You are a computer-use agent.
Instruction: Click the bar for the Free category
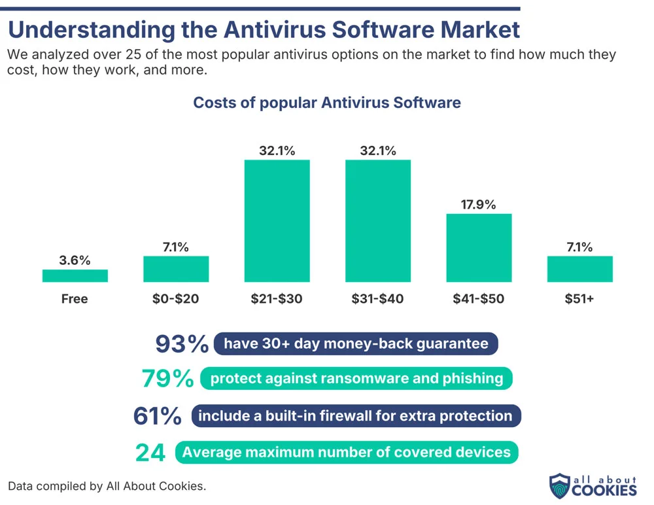click(x=75, y=276)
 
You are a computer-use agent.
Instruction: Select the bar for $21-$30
click(x=277, y=221)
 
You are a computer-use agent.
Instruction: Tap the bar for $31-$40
click(x=378, y=221)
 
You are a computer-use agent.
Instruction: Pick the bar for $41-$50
click(x=479, y=248)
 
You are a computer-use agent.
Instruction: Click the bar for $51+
click(x=580, y=269)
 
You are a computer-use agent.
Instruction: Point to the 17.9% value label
click(x=479, y=204)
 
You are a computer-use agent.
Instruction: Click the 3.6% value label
click(x=75, y=260)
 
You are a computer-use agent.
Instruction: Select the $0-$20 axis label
click(x=176, y=300)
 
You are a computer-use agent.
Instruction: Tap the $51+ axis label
click(x=580, y=300)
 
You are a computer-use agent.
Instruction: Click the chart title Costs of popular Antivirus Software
click(x=327, y=103)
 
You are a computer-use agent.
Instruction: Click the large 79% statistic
click(x=168, y=378)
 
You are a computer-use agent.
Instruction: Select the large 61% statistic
click(x=157, y=416)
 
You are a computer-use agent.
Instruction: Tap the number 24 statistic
click(x=150, y=452)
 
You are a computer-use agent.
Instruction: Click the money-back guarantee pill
click(x=356, y=343)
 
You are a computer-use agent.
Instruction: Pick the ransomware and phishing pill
click(x=356, y=378)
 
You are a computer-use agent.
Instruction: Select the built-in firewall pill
click(x=356, y=416)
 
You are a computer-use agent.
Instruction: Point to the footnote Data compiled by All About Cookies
click(x=107, y=486)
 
